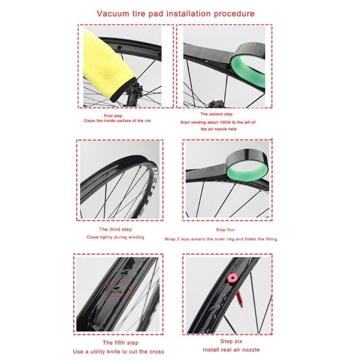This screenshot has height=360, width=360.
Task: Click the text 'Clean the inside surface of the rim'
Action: (x=114, y=121)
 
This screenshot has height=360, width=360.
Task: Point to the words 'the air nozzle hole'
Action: (x=218, y=129)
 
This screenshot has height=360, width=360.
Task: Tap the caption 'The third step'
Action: (x=115, y=230)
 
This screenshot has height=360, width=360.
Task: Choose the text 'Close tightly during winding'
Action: (x=116, y=237)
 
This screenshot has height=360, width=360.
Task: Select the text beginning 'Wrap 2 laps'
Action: (x=220, y=239)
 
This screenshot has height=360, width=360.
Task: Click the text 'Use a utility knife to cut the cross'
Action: (x=119, y=351)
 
